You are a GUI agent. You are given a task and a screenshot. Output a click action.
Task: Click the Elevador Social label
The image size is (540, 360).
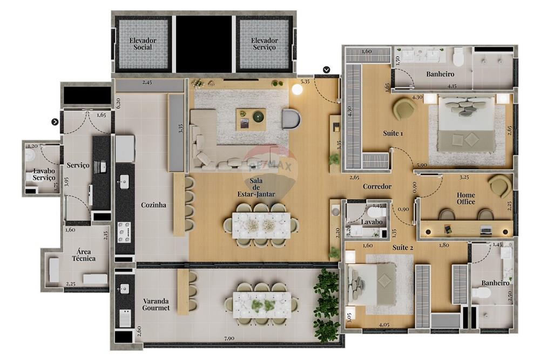(143, 44)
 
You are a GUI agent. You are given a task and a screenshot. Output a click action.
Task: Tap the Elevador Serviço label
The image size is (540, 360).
(264, 44)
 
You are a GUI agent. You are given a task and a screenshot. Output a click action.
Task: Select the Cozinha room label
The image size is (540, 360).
(153, 205)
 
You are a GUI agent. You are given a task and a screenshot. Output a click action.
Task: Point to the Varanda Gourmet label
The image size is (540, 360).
(156, 304)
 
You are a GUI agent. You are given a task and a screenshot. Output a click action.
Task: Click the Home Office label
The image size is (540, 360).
(466, 198)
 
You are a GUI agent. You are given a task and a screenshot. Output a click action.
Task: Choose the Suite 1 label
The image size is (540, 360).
(393, 133)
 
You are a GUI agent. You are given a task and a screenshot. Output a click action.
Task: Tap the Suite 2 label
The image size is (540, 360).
(402, 247)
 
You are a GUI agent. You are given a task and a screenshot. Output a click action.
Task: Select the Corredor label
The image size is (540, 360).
(377, 187)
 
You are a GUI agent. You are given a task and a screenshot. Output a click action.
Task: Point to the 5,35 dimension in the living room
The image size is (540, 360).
(305, 83)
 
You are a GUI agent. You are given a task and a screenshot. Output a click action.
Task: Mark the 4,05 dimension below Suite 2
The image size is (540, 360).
(384, 325)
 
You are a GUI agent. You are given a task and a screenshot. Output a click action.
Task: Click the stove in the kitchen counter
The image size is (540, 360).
(125, 230)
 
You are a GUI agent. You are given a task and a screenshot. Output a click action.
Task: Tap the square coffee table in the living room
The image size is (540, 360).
(251, 119)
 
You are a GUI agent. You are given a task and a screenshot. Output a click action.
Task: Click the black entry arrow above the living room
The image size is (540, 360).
(327, 70)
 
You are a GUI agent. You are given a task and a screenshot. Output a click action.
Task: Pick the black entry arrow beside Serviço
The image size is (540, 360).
(55, 122)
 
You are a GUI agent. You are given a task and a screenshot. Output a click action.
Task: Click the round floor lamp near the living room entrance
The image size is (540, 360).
(297, 90)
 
